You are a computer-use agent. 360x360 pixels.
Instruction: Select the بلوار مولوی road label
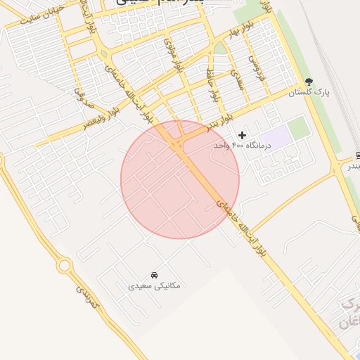(x=172, y=52)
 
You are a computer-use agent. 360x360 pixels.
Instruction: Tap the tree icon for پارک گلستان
(x=309, y=82)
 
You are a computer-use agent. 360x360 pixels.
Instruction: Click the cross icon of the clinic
(x=243, y=134)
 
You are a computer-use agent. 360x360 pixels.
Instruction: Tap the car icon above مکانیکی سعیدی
(x=154, y=274)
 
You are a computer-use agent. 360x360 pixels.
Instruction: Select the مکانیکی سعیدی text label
(x=154, y=285)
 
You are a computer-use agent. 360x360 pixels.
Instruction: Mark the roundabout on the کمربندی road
(x=65, y=266)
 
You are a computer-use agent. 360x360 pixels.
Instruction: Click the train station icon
(x=358, y=155)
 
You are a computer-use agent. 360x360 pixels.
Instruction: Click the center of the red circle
(x=180, y=180)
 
